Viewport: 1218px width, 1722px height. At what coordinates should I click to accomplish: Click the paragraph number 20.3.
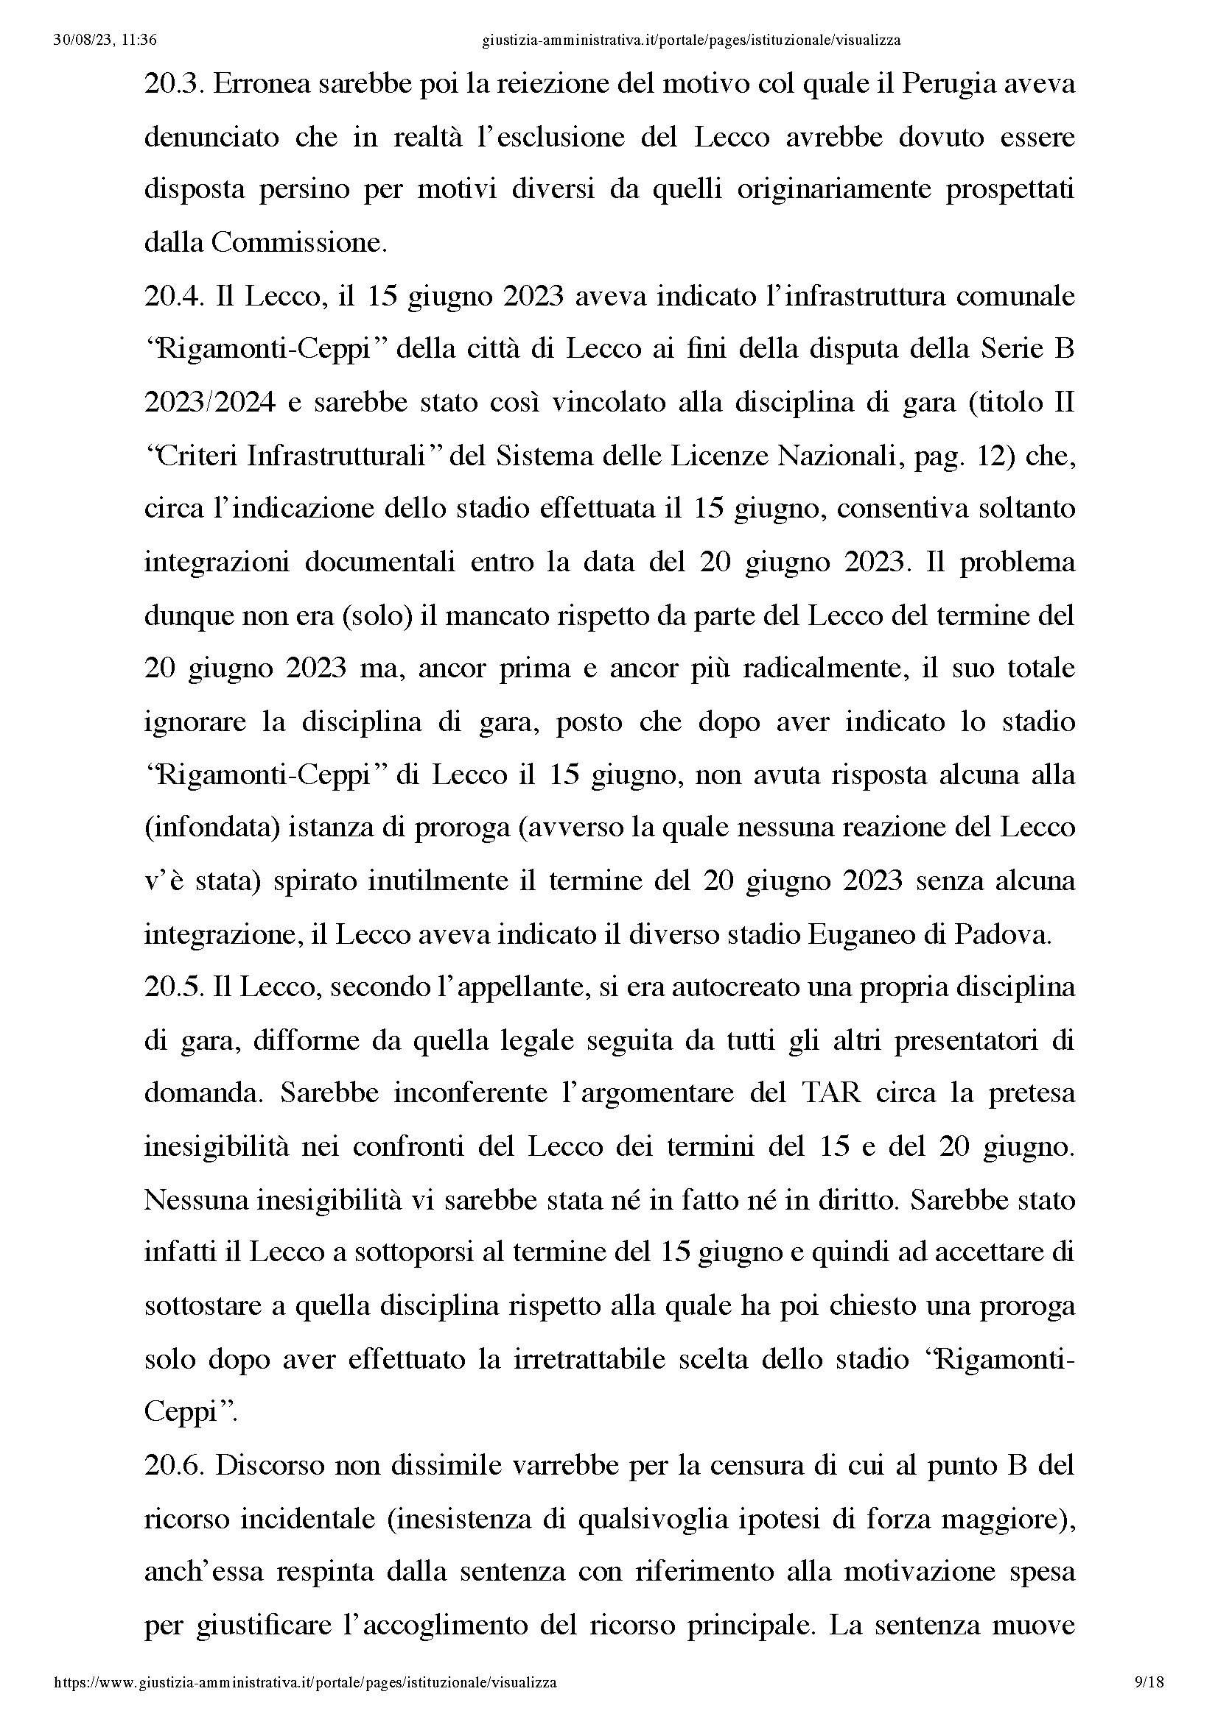pos(173,85)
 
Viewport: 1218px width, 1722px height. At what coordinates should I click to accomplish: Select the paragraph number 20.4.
pos(173,297)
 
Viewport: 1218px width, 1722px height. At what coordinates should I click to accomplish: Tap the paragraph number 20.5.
pos(173,988)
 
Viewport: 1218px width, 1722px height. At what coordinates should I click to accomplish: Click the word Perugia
pos(945,85)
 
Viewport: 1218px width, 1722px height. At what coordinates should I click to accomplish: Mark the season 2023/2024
pos(210,403)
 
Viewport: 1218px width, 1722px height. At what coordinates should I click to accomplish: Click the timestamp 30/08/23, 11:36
pos(105,40)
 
